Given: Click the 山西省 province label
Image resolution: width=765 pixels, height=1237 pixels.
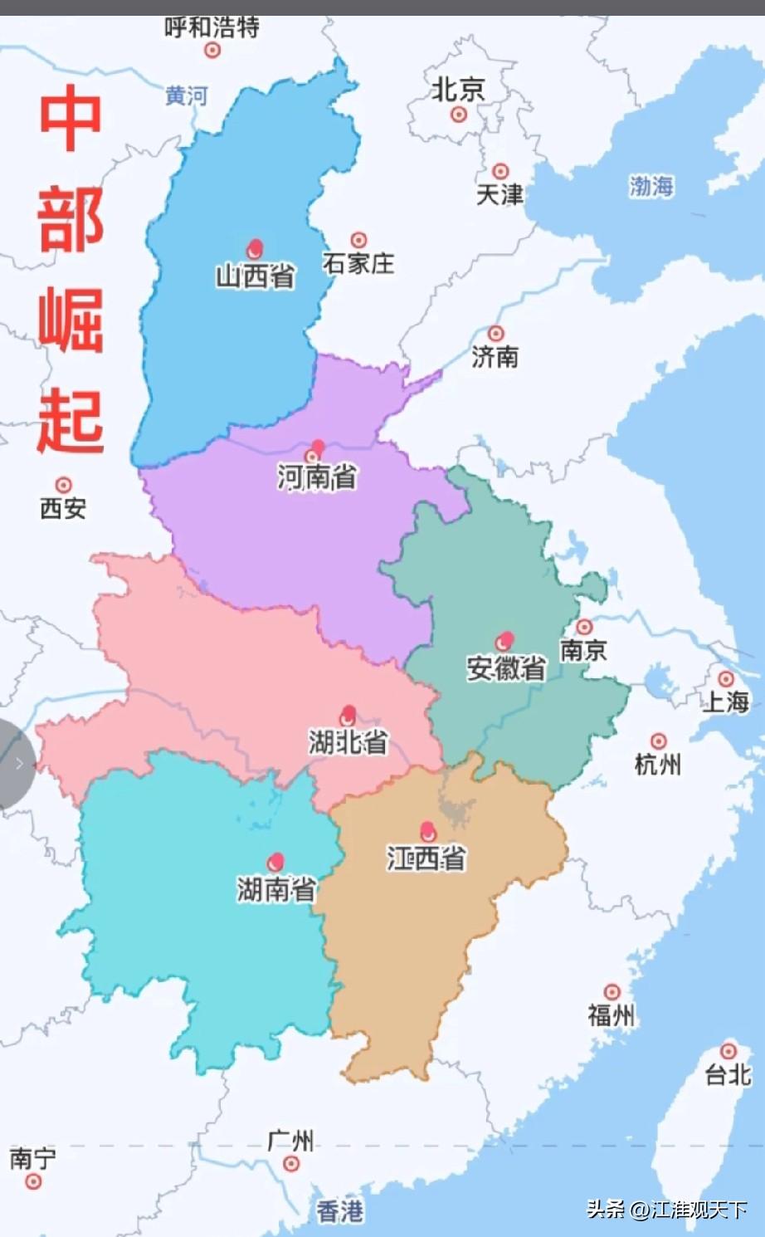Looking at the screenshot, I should click(x=256, y=276).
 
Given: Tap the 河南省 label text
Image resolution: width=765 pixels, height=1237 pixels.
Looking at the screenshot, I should click(x=317, y=477).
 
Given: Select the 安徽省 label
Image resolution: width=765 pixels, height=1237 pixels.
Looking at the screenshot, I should click(x=506, y=667).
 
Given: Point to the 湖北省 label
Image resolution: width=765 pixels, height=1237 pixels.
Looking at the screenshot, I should click(x=348, y=741).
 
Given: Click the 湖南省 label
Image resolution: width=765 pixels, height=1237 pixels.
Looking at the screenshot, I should click(x=276, y=889).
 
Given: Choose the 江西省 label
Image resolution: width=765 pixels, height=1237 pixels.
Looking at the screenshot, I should click(x=426, y=858).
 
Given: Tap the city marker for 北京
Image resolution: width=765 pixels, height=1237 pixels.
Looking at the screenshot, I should click(x=459, y=115).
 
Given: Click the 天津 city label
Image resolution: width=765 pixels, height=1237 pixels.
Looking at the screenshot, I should click(x=499, y=194).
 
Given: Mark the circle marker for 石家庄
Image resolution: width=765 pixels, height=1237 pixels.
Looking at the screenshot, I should click(x=358, y=241).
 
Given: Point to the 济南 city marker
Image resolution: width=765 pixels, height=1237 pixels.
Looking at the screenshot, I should click(x=495, y=334).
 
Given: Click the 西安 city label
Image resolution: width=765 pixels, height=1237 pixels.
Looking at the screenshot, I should click(x=63, y=507).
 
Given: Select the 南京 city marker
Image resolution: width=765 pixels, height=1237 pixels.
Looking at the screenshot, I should click(x=585, y=627).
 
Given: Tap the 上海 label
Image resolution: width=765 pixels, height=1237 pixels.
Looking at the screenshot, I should click(x=726, y=702).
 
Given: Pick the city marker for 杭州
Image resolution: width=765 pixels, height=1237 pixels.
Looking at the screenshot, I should click(x=659, y=741).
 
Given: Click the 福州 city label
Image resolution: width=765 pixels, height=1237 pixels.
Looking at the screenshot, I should click(x=612, y=1015).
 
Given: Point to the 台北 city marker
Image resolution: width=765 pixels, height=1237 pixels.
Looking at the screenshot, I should click(x=728, y=1051).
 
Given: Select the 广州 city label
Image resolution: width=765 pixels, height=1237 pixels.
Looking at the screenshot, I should click(x=290, y=1141).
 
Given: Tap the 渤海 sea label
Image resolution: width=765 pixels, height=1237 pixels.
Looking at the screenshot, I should click(x=651, y=186).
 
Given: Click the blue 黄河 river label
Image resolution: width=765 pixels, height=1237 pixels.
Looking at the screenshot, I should click(x=186, y=96).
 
